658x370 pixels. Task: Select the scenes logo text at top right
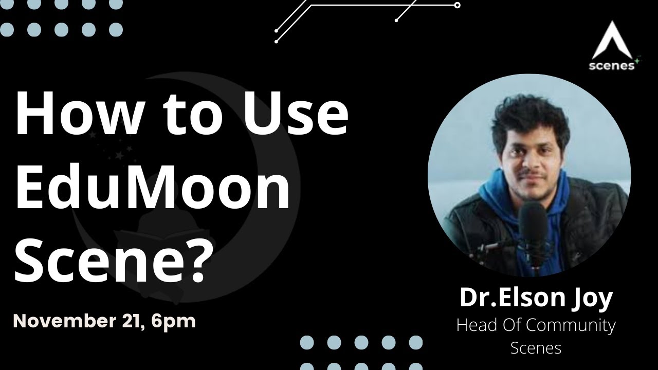point(611,66)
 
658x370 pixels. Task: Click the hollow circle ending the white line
point(457,5)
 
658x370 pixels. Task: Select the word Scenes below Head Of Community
point(536,348)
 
